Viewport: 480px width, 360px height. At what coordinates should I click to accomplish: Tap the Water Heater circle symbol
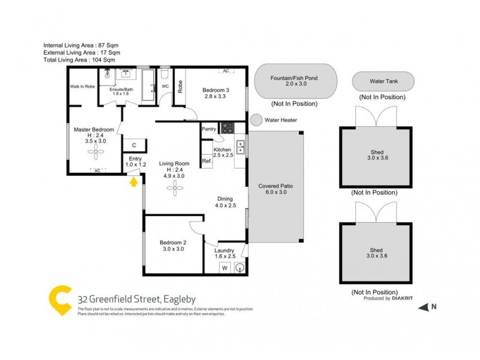[256, 120]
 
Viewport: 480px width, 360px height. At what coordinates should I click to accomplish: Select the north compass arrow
[423, 307]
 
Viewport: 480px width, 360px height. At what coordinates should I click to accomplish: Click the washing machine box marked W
[225, 268]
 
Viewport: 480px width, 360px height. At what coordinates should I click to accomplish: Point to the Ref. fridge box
[206, 161]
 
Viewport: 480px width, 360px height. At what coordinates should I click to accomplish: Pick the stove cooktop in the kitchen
[227, 127]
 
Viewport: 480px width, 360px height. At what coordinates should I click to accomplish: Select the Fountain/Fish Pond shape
[293, 82]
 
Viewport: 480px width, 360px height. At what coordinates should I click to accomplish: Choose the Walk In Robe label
[82, 86]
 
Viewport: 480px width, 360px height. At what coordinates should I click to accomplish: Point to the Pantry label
[209, 128]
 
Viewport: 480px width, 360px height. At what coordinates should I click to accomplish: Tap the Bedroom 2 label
[173, 242]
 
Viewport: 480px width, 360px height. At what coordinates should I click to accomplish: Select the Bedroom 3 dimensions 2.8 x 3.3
[216, 96]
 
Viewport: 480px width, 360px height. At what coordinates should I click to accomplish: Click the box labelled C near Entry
[134, 145]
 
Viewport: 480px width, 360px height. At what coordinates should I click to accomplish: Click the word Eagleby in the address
[176, 299]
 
